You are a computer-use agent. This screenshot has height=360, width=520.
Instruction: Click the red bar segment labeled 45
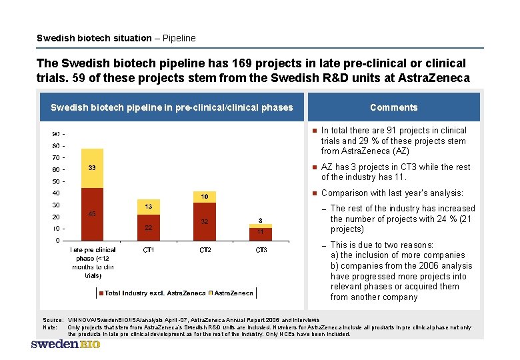pyautogui.click(x=92, y=213)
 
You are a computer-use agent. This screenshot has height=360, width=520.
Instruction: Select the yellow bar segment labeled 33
pyautogui.click(x=92, y=168)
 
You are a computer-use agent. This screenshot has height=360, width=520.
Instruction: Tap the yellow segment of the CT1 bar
pyautogui.click(x=149, y=207)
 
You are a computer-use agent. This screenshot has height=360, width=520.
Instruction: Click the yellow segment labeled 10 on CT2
pyautogui.click(x=205, y=197)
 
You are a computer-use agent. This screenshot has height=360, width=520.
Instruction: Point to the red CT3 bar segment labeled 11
pyautogui.click(x=261, y=232)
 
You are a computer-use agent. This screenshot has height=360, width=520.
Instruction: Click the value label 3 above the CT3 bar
pyautogui.click(x=261, y=220)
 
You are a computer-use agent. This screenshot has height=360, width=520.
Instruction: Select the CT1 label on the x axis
pyautogui.click(x=149, y=250)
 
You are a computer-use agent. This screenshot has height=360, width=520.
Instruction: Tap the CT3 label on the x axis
pyautogui.click(x=261, y=250)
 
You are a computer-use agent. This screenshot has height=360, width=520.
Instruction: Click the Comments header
pyautogui.click(x=393, y=107)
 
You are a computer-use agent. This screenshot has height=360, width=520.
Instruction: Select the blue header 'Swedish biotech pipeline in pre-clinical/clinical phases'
pyautogui.click(x=172, y=107)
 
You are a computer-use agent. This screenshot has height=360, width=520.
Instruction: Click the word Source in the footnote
pyautogui.click(x=52, y=320)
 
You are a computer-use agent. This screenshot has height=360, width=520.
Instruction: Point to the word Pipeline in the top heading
pyautogui.click(x=179, y=38)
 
